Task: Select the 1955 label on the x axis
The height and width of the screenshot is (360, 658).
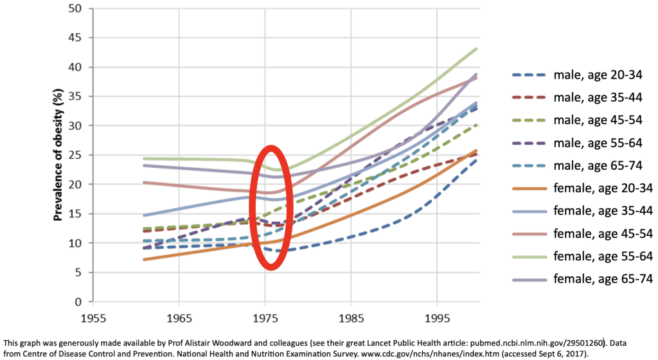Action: point(92,318)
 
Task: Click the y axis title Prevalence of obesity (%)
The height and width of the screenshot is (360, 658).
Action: point(57,155)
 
